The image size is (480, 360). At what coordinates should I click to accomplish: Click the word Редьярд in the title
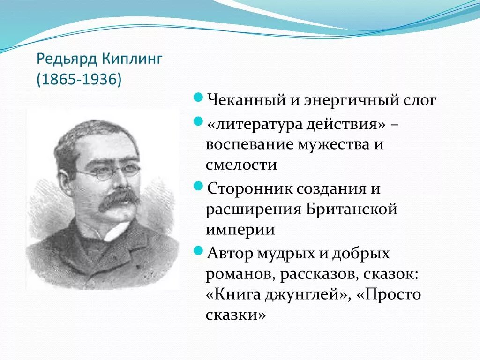point(67,59)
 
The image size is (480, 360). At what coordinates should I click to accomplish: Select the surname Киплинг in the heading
point(132,60)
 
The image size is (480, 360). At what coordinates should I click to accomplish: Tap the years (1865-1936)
point(79,79)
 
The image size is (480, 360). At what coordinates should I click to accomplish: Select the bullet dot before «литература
point(198,122)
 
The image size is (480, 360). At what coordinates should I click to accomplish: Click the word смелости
point(241,165)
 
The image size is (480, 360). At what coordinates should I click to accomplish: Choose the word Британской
point(351,209)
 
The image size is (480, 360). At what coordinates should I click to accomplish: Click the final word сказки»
point(235,315)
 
